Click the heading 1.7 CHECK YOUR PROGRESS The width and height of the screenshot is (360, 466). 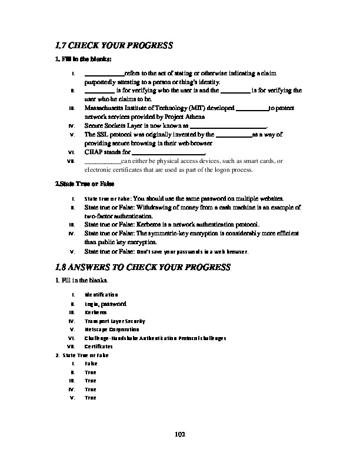pos(113,45)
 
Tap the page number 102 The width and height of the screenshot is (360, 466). pos(180,434)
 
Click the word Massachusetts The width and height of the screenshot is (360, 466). pos(104,109)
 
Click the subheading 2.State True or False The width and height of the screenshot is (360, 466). pos(76,184)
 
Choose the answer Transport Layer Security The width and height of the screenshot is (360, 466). pos(115,321)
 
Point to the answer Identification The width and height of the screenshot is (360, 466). pos(101,294)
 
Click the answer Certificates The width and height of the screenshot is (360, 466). pos(98,347)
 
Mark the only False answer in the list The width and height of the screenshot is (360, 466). pos(91,364)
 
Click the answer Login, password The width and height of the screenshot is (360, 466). pos(105,304)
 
